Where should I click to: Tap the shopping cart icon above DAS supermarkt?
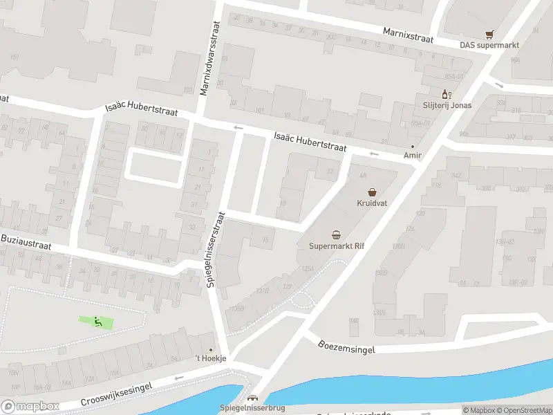(490, 33)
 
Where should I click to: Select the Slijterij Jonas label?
(447, 105)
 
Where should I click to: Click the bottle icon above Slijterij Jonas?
(447, 93)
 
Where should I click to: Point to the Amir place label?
(413, 156)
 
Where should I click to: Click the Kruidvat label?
(372, 203)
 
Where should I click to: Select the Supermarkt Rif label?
(336, 246)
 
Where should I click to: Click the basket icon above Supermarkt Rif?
(336, 234)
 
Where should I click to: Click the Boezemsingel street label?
(347, 346)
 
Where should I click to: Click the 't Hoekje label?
(210, 359)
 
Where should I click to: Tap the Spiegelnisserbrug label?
(252, 408)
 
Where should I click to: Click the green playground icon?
(97, 321)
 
